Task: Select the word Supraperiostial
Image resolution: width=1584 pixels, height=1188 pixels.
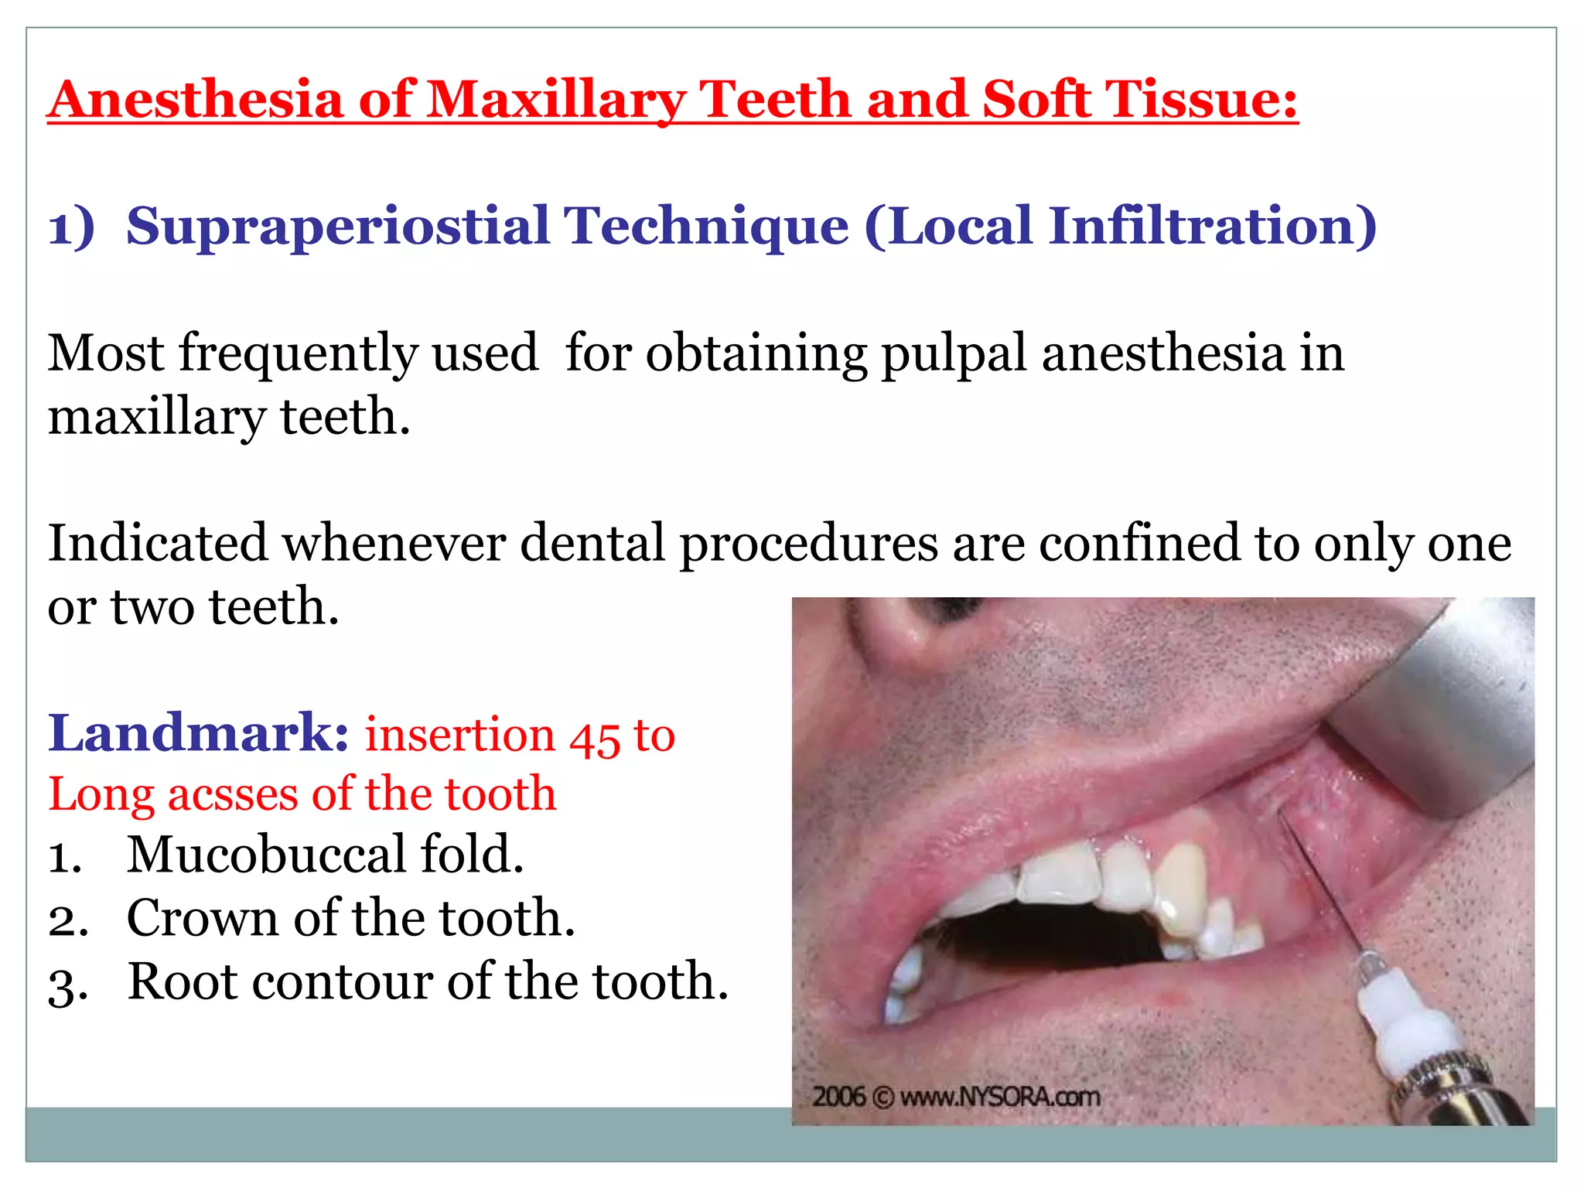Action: [337, 227]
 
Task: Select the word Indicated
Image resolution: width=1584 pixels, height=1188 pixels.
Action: [158, 543]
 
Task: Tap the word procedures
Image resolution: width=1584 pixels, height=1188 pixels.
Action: [808, 543]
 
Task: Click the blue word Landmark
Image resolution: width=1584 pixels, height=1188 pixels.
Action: [198, 733]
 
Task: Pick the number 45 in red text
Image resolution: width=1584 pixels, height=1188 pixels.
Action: [595, 736]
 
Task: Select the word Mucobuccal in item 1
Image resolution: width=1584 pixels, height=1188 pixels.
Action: [266, 855]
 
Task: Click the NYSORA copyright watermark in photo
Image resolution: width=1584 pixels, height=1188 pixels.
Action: [955, 1097]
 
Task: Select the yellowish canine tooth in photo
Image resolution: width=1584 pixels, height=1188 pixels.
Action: [1179, 886]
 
